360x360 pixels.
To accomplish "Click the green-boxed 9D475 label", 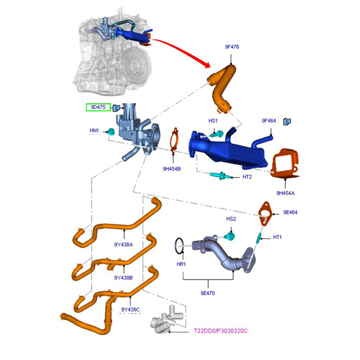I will pos(97,108).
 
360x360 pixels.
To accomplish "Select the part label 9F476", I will pos(232,47).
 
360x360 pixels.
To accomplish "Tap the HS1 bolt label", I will pos(213,121).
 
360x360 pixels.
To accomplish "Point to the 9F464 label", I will pos(269,121).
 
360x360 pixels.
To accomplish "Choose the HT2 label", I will pos(247,177).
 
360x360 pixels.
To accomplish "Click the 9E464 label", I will pos(290,213).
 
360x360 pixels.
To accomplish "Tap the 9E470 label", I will pos(208,293).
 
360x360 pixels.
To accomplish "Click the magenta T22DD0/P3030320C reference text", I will pos(221,331).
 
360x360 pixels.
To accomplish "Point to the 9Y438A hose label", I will pos(123,245).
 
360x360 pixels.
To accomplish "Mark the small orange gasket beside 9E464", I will pos(265,212).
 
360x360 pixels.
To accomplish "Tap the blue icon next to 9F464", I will pos(287,121).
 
